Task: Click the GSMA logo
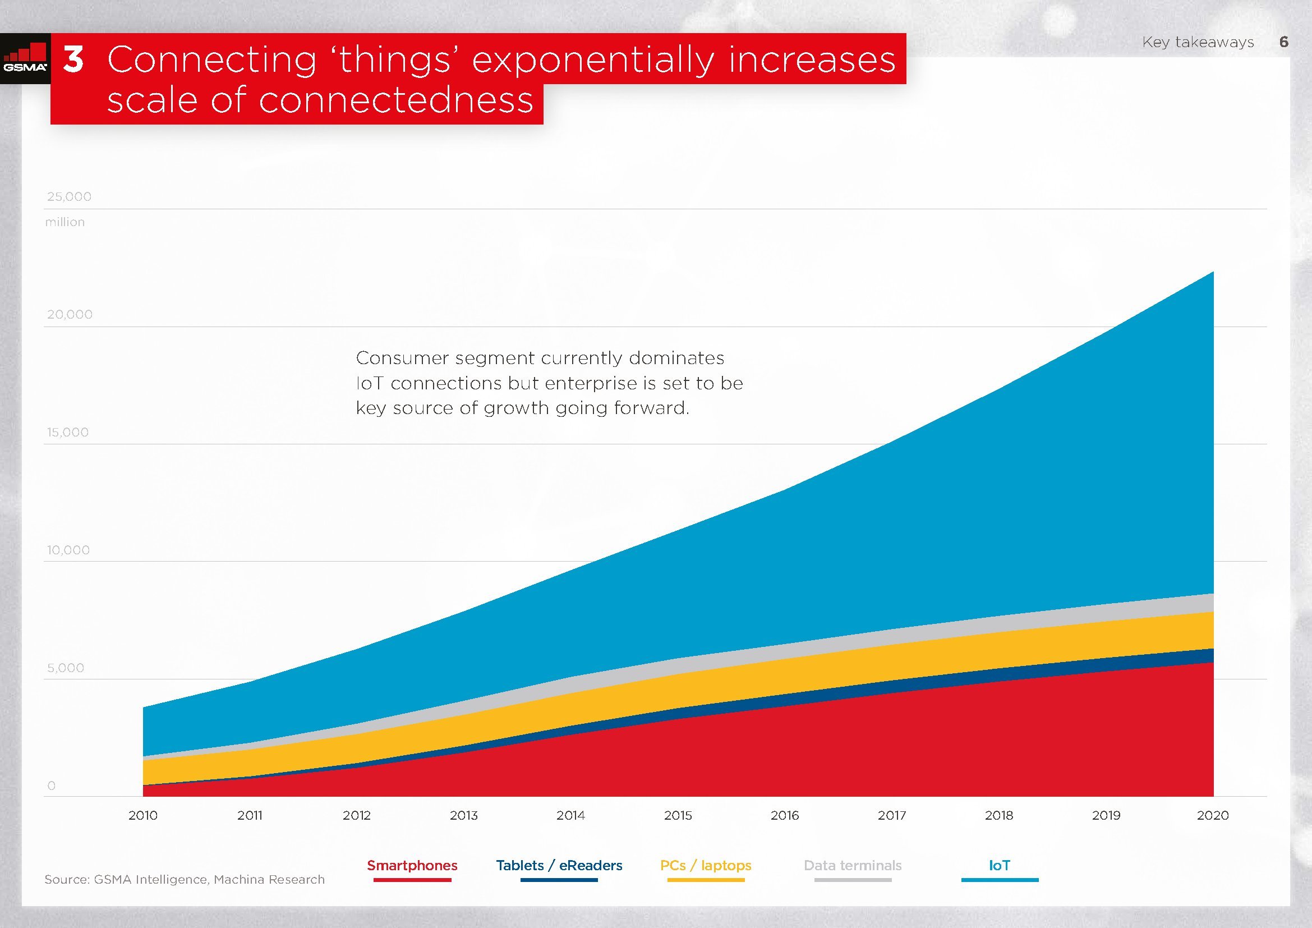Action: click(25, 59)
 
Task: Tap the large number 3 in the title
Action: click(73, 59)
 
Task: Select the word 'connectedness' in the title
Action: click(395, 100)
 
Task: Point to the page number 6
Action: click(1283, 42)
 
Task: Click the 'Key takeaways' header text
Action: click(1198, 42)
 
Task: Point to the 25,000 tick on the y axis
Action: click(69, 196)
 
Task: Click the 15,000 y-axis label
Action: click(68, 432)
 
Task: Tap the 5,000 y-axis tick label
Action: click(66, 668)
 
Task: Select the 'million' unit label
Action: click(65, 222)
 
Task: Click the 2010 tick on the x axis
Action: click(143, 815)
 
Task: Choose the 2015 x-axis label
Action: click(678, 815)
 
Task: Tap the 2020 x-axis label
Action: click(1213, 815)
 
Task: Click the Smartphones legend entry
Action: click(412, 866)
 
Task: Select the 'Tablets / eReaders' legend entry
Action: click(559, 866)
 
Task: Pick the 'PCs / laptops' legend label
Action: click(706, 866)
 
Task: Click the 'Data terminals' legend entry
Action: click(853, 866)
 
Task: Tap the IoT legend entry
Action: click(1000, 866)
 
